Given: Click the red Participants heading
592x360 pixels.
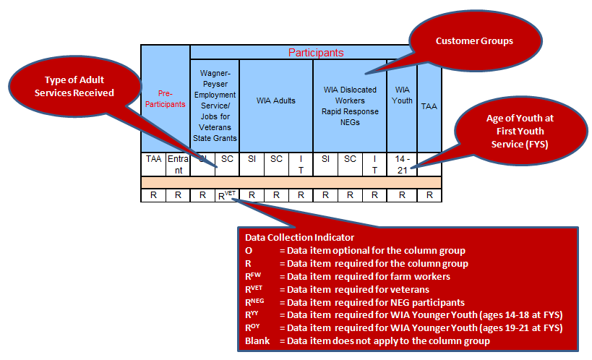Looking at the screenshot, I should point(316,53).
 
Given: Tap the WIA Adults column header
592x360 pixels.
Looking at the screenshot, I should point(275,101).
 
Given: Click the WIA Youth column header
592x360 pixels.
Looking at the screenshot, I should point(402,96).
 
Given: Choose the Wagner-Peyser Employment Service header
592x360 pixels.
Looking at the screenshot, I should point(215,106).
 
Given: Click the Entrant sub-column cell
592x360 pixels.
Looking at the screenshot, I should point(178,163).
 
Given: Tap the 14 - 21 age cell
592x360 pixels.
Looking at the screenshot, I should point(402,163).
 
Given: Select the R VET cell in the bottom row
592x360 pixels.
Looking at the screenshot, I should point(226,194).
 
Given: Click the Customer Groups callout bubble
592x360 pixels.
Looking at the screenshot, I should point(474,42).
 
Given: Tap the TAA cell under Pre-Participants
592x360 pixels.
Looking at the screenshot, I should point(153,158).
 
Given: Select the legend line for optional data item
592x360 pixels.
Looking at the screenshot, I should point(355,249).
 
